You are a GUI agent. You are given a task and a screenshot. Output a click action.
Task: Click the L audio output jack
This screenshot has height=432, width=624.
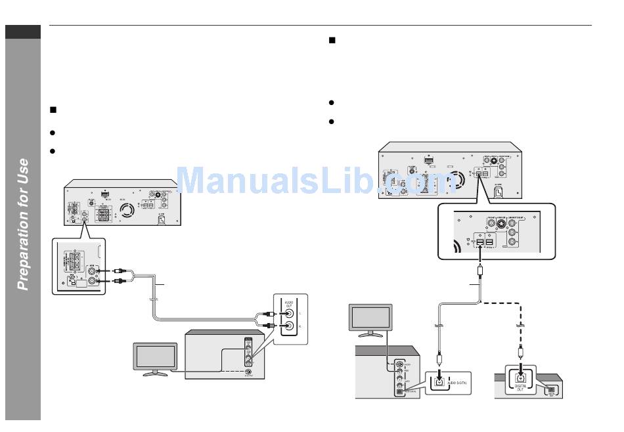pyautogui.click(x=286, y=313)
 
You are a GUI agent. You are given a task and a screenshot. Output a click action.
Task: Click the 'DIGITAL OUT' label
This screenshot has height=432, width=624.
pyautogui.click(x=521, y=388)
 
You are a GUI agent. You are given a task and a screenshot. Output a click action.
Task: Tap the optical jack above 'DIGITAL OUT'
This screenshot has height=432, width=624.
pyautogui.click(x=520, y=378)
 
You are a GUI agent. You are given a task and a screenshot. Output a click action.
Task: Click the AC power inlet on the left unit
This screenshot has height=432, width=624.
pyautogui.click(x=161, y=220)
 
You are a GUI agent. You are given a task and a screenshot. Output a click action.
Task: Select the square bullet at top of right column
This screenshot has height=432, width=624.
pyautogui.click(x=332, y=41)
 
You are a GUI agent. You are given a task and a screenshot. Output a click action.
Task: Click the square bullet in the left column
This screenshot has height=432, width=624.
pyautogui.click(x=54, y=110)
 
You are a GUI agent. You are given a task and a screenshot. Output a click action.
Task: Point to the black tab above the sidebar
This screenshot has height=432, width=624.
pyautogui.click(x=23, y=32)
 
